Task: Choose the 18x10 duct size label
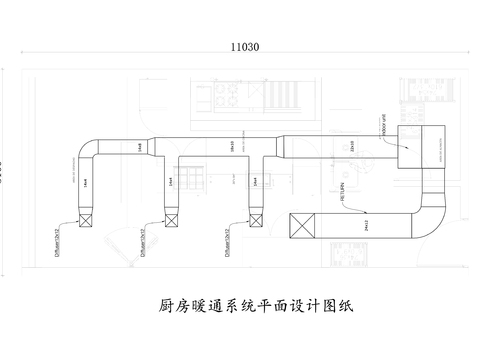click(232, 146)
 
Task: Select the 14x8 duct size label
click(138, 147)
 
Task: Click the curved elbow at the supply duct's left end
click(88, 148)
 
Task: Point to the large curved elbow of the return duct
click(432, 215)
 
